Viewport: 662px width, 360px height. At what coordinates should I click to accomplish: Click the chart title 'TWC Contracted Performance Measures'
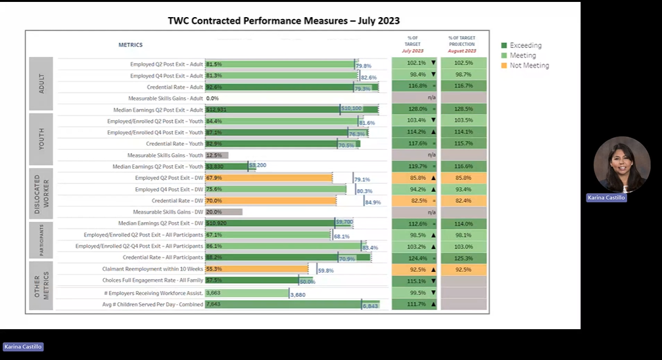283,21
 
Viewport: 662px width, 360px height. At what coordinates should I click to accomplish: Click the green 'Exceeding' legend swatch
504,45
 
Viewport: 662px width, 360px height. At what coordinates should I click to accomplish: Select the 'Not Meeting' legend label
529,66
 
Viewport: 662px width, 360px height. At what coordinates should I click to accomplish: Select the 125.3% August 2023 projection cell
463,258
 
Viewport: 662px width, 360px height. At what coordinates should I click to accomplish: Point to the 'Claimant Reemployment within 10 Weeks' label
153,269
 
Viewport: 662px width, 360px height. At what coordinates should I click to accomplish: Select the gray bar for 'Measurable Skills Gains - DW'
224,212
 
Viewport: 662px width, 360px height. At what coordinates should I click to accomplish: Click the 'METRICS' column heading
130,45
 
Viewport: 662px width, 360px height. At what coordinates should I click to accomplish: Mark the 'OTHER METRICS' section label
41,287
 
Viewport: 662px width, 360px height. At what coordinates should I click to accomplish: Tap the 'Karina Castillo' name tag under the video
606,197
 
